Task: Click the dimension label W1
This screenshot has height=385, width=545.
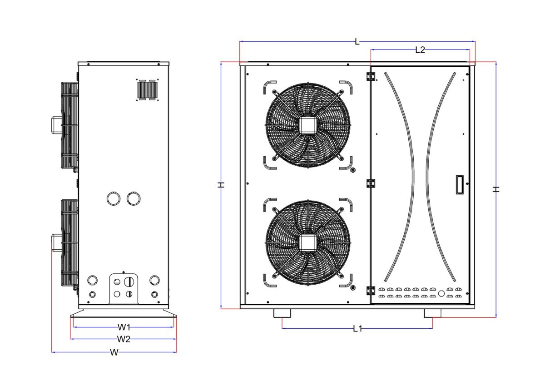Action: (x=124, y=327)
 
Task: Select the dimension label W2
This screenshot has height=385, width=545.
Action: (x=124, y=339)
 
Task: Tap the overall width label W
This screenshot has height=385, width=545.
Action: (x=114, y=352)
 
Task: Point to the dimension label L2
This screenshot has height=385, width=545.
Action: (x=420, y=50)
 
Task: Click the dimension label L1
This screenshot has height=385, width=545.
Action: (x=357, y=329)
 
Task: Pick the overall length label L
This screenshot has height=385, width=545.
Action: (x=357, y=42)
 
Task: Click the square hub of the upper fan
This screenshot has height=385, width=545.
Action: (x=308, y=125)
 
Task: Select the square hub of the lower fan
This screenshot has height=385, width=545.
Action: (x=308, y=243)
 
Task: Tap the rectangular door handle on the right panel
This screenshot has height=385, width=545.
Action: (x=459, y=185)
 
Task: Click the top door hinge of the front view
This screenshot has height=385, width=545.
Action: (x=371, y=76)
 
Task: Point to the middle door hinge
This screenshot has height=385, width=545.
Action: (x=371, y=183)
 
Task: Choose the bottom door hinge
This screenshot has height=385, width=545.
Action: (x=371, y=291)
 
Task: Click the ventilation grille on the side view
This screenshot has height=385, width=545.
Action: (x=148, y=89)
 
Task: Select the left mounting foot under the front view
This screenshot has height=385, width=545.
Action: (x=282, y=313)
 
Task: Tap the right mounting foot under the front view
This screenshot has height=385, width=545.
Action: (x=432, y=313)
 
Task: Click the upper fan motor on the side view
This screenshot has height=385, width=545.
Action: (x=56, y=125)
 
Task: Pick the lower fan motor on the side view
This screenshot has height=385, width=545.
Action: (x=56, y=242)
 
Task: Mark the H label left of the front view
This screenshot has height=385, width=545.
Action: (x=221, y=185)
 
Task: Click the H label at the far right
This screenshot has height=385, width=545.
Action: (x=496, y=189)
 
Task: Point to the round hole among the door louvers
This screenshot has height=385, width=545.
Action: (x=441, y=293)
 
